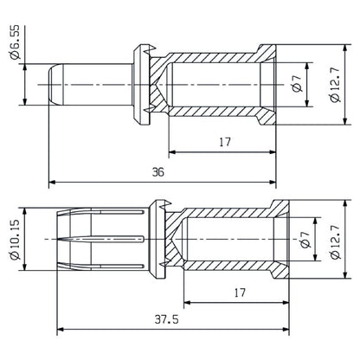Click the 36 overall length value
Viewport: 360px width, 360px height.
tap(157, 171)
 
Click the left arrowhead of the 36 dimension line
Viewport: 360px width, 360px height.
tap(51, 182)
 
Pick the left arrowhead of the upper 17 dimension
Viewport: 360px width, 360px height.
tap(170, 152)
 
